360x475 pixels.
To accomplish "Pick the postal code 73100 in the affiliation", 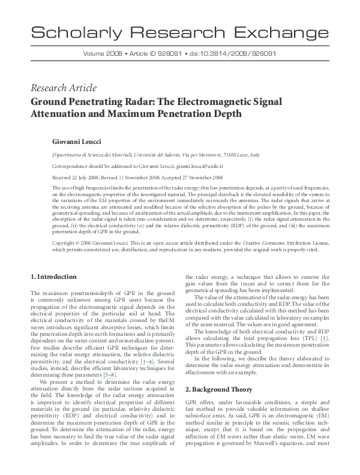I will tap(231, 155).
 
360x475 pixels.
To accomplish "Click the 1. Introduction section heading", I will tap(53, 277).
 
